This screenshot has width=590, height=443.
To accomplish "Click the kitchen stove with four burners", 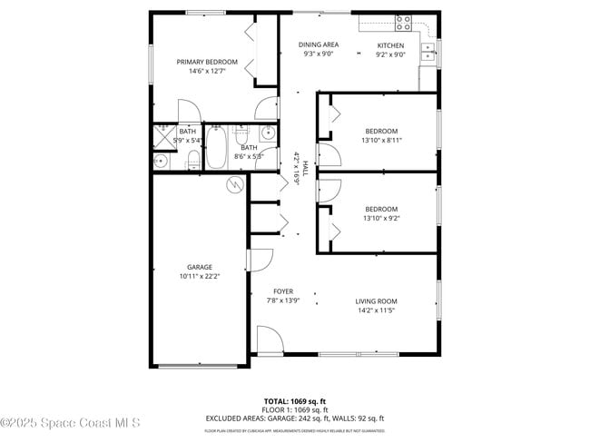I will pos(404,23).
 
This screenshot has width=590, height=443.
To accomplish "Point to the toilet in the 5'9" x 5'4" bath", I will pos(193,161).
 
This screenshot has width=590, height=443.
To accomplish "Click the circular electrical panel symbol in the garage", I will pos(235,185).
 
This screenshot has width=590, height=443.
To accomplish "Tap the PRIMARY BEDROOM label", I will pos(207,62).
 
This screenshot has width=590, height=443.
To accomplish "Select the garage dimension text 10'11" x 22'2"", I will pos(200,277).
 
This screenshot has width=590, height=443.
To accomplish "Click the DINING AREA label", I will pos(319,44).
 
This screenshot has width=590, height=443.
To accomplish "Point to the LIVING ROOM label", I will pos(376,301).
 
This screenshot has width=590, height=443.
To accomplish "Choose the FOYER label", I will pos(283,291).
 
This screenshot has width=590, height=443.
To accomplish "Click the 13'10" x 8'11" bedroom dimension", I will pos(381,140).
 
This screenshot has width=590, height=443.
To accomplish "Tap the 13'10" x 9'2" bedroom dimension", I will pos(381,219).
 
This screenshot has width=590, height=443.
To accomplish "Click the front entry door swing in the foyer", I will pos(269,342).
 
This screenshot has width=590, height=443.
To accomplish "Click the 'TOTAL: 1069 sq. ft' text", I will pos(294,400).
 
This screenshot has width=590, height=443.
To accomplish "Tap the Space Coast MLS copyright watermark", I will pos(70,422).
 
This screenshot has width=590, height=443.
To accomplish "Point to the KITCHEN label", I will pos(390,44).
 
